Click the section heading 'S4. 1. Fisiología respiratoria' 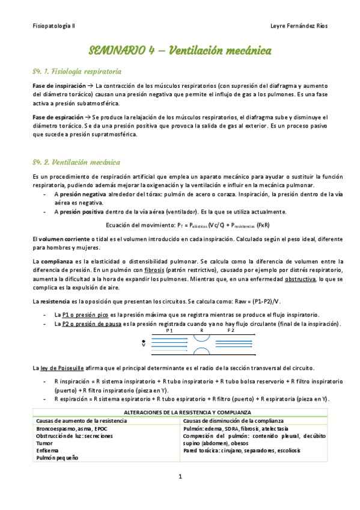click(x=77, y=71)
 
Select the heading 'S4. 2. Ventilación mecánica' click(x=76, y=162)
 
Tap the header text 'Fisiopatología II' click(x=53, y=27)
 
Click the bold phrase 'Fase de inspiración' click(x=57, y=87)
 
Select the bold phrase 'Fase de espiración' click(x=56, y=116)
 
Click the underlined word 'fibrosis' click(x=171, y=269)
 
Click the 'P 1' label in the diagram click(x=170, y=330)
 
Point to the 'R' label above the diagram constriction click(x=201, y=330)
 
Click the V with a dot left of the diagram click(x=144, y=345)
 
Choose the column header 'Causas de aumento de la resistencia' click(x=79, y=420)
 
